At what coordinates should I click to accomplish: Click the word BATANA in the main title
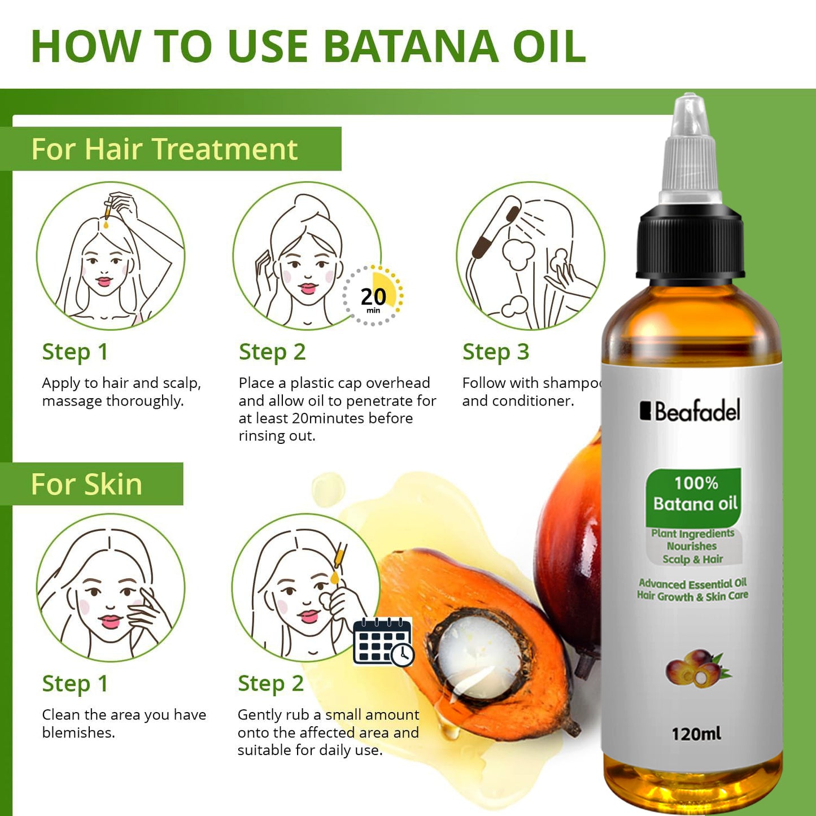coord(411,46)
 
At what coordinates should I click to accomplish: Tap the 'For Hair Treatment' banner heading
coord(164,149)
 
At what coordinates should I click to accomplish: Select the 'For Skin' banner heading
coord(86,485)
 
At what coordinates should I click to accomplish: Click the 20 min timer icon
coord(373,296)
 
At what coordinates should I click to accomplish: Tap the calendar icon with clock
coord(383,642)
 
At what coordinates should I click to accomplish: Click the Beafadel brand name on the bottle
coord(690,411)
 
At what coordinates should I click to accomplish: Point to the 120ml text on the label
coord(696,734)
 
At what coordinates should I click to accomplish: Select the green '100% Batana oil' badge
coord(694,494)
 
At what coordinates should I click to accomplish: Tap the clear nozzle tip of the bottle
coord(690,113)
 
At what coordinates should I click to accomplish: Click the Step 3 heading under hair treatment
coord(495,352)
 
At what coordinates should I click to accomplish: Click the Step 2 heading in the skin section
coord(270,683)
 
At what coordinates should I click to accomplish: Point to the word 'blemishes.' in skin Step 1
coord(78,732)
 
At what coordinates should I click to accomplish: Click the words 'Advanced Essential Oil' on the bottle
coord(692,583)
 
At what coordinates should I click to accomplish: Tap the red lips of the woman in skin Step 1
coord(110,621)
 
